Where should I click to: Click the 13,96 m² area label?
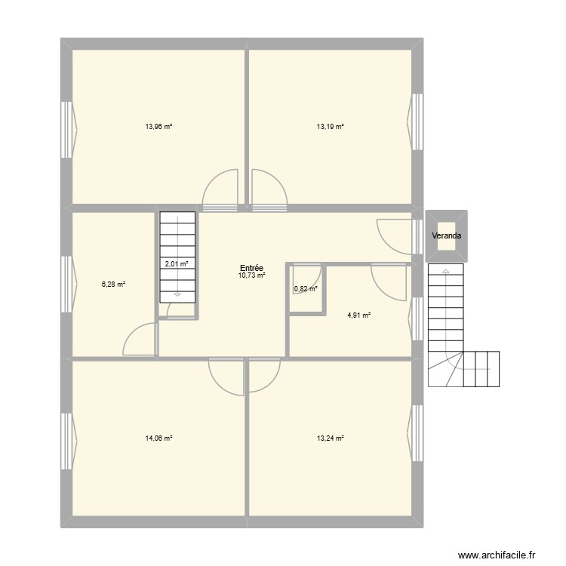(159, 127)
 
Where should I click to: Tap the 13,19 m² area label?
(331, 127)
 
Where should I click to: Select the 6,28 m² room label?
(114, 285)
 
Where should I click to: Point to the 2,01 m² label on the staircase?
(177, 264)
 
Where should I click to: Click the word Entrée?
(251, 268)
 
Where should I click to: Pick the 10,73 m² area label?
(252, 276)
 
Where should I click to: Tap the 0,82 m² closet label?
(305, 288)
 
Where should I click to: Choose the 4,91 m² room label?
(359, 316)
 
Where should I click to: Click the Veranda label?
(447, 236)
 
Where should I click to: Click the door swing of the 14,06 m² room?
(226, 374)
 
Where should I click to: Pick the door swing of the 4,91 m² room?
(389, 282)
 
